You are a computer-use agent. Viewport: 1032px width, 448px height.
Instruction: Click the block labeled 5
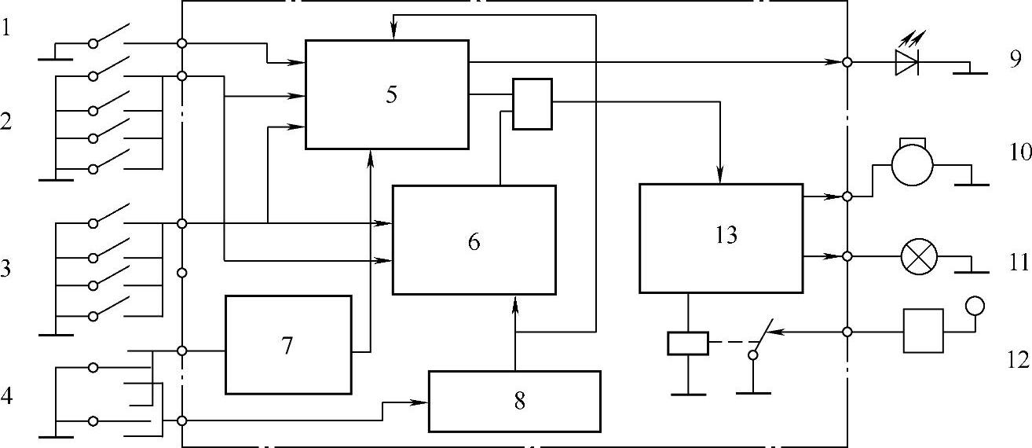(x=386, y=94)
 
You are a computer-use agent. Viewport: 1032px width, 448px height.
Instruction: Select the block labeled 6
(x=474, y=240)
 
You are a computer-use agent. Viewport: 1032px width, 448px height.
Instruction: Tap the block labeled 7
(x=288, y=344)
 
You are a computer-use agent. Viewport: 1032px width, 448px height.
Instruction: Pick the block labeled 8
(x=514, y=401)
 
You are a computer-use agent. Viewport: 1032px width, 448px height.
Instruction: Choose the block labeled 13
(x=721, y=237)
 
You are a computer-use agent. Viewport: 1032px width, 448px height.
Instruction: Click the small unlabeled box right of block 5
(x=532, y=103)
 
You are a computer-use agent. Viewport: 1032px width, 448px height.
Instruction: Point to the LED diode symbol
(x=906, y=62)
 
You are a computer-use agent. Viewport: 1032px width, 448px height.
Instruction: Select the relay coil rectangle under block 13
(x=687, y=343)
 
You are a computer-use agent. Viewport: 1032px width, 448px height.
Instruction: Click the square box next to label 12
(x=923, y=331)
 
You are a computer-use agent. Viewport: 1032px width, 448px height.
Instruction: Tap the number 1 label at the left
(x=7, y=29)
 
